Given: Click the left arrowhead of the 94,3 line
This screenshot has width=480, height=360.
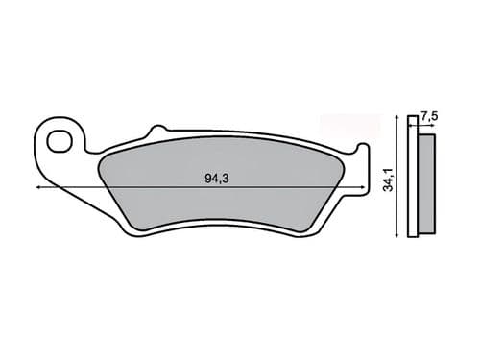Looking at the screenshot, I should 39,188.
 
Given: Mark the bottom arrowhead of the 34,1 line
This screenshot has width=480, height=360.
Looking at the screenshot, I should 398,236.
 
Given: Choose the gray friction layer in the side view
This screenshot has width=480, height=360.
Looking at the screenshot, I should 427,182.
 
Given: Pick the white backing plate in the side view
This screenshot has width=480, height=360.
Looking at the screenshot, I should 415,182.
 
